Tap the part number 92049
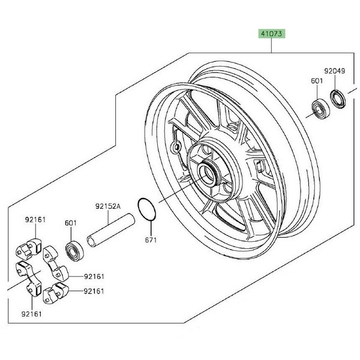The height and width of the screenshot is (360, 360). point(336,71)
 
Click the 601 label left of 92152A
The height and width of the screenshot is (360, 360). point(71,223)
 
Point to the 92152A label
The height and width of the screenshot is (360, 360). point(107,206)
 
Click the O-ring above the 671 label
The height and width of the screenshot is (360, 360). point(147,211)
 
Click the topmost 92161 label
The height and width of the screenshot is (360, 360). point(36,220)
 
